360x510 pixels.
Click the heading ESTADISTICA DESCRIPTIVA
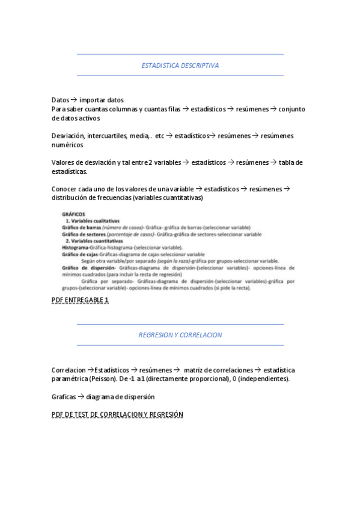tap(180, 65)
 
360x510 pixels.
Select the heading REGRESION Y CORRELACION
tap(180, 335)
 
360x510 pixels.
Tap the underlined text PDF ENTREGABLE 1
tap(81, 300)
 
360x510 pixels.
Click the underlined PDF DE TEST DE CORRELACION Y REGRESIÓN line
tap(117, 414)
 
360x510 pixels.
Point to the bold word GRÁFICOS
tap(74, 214)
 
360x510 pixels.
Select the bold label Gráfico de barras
tap(81, 228)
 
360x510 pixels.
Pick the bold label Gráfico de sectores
tap(84, 235)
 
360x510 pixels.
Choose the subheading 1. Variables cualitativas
tap(92, 221)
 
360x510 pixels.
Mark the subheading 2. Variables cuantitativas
tap(94, 241)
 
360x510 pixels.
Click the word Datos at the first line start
tap(61, 100)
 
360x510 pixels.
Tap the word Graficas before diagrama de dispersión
tap(64, 397)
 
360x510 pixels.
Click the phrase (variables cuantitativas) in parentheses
tap(168, 198)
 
